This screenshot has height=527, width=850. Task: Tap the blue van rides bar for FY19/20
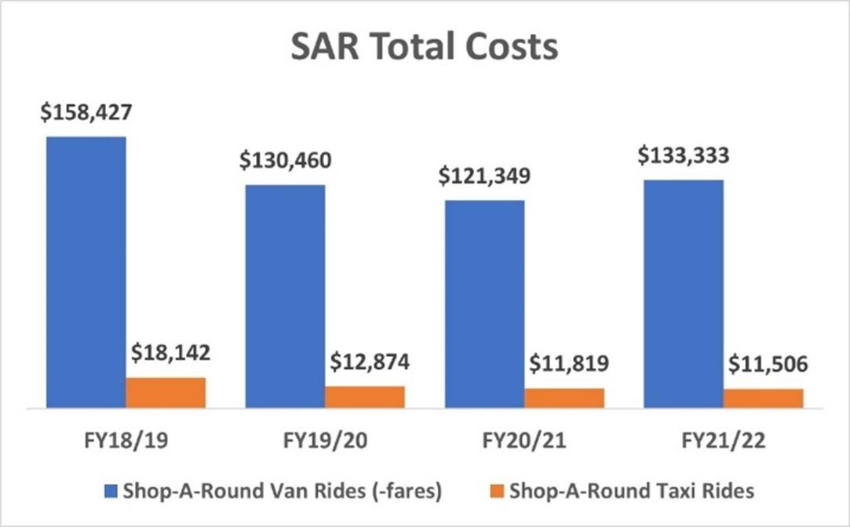pos(286,296)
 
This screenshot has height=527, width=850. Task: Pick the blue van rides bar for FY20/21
pos(485,304)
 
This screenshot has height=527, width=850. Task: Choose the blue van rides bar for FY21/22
pos(684,294)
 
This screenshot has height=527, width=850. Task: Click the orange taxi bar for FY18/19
pos(166,393)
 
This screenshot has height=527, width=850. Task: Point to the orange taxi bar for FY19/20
pos(365,397)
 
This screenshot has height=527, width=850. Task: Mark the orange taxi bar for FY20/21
pos(564,398)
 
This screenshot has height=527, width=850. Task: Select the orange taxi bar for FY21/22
pos(764,398)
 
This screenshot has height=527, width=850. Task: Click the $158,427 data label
pos(86,112)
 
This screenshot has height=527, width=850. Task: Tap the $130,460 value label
pos(286,161)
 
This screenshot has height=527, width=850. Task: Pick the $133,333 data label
pos(684,156)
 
